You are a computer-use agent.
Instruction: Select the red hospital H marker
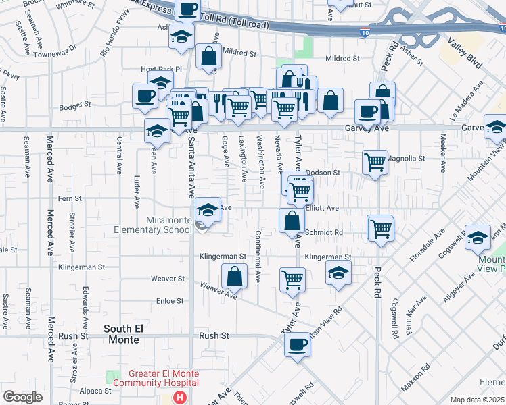click(179, 398)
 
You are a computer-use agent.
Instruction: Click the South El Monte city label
click(124, 333)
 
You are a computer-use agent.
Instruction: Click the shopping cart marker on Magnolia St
click(375, 163)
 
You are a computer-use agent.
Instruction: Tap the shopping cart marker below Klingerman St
click(292, 279)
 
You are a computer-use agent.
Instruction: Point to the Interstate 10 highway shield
click(365, 31)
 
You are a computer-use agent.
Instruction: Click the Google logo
click(22, 397)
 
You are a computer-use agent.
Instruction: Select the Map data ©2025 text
click(477, 400)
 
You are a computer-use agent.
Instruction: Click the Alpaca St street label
click(95, 390)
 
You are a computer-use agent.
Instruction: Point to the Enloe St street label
click(170, 300)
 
